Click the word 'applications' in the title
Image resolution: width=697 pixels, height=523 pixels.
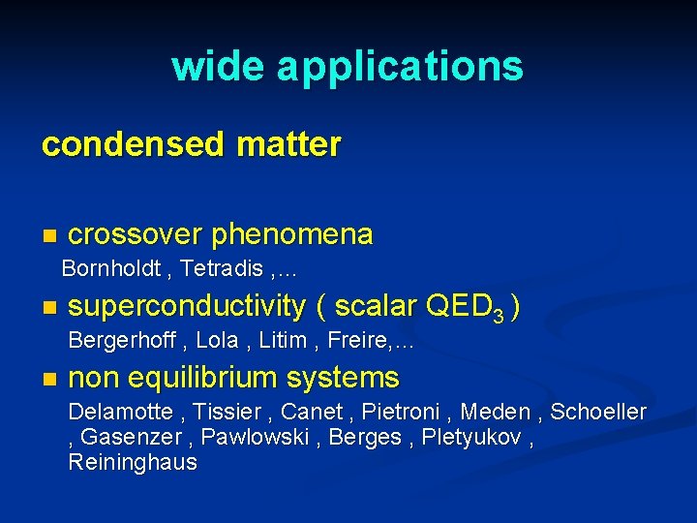pos(400,68)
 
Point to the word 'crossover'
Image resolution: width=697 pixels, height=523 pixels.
pos(136,234)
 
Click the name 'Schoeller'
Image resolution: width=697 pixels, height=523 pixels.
pos(597,413)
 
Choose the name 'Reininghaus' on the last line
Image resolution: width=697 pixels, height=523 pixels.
pos(133,463)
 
